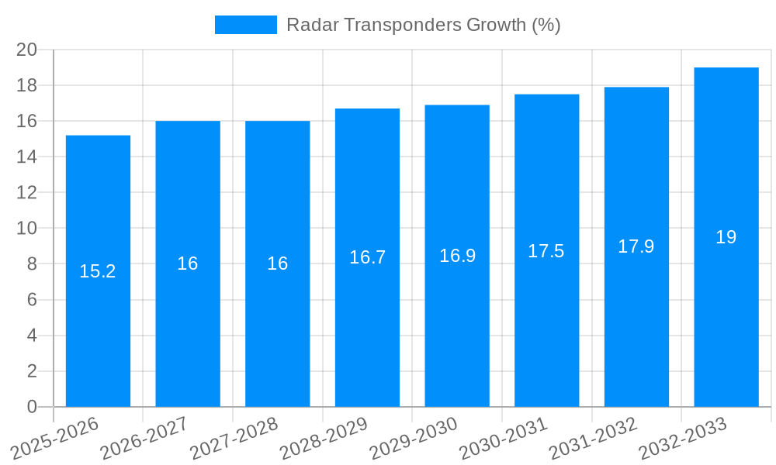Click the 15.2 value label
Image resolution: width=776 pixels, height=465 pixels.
tap(98, 271)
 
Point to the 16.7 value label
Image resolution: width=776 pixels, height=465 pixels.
tap(367, 257)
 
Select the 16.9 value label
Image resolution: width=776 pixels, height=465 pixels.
tap(457, 256)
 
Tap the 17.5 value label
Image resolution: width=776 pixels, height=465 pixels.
tap(546, 251)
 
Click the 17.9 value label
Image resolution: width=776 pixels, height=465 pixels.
tap(636, 246)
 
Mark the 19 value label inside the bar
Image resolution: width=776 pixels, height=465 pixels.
tap(726, 237)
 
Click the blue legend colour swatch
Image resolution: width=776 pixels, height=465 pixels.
tap(245, 25)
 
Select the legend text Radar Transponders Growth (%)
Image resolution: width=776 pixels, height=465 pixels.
tap(424, 25)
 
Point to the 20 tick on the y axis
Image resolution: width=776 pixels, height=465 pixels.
tap(27, 50)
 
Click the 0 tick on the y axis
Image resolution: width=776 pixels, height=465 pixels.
tap(32, 407)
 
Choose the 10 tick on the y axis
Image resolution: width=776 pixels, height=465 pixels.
tap(27, 229)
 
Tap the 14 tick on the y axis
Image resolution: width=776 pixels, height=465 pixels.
tap(27, 157)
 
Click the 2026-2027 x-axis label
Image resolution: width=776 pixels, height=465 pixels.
tap(145, 438)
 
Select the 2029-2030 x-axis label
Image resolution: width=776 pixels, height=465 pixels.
tap(414, 438)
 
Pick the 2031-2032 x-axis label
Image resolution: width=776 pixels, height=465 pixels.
tap(594, 438)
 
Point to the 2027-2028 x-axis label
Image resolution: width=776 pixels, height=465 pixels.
tap(234, 438)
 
